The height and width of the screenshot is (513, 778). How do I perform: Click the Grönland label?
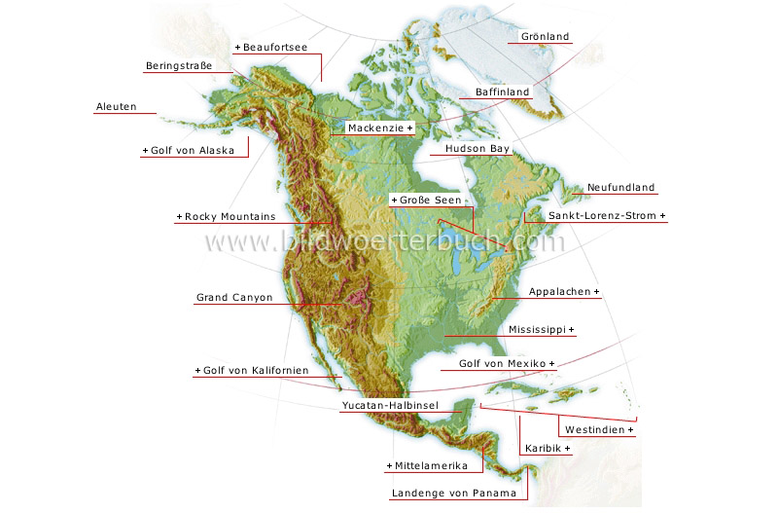point(546,37)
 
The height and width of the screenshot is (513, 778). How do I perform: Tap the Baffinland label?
point(502,92)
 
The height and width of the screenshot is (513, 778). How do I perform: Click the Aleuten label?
point(116,106)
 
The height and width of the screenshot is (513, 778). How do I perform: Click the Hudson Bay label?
point(477,150)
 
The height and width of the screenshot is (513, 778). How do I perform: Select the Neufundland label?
point(620,188)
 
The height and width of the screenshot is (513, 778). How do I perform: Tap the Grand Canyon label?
point(234,298)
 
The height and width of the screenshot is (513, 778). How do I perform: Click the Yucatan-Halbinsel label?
point(389,405)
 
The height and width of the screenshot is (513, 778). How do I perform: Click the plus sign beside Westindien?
point(630,430)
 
